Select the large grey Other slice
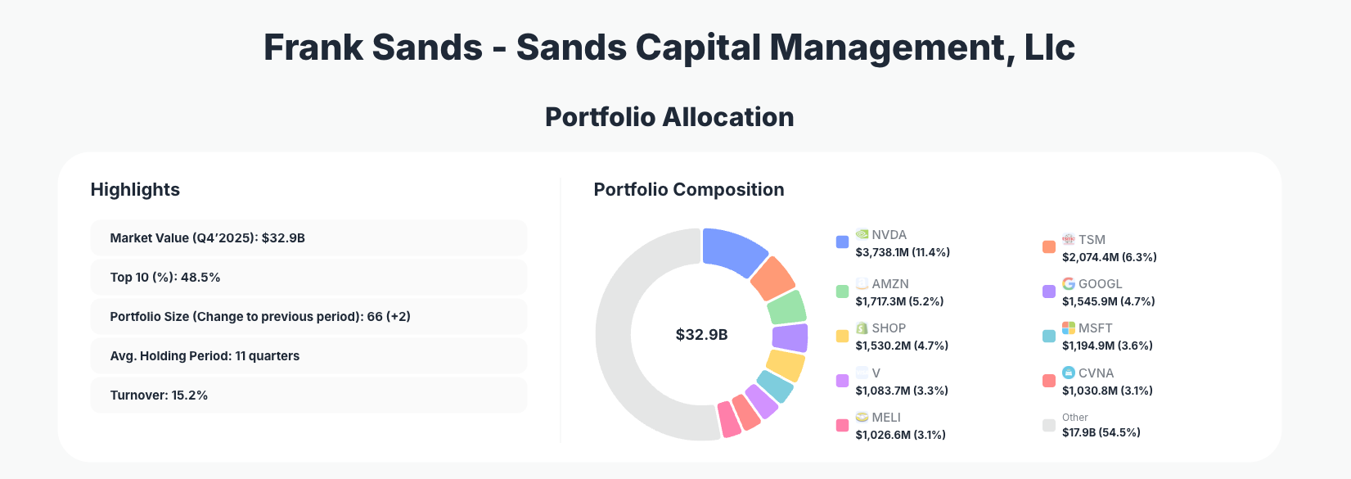(x=622, y=344)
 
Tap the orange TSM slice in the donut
(x=772, y=279)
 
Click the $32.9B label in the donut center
(x=701, y=335)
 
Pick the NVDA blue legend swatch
(x=842, y=242)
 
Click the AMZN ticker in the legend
(x=890, y=284)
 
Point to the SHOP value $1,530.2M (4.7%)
(x=902, y=346)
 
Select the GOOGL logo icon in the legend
(x=1069, y=283)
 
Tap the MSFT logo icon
(x=1069, y=328)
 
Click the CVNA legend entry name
(x=1096, y=373)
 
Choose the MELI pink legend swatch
(x=842, y=425)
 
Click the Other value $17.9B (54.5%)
(x=1101, y=432)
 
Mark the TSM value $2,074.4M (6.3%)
(x=1109, y=257)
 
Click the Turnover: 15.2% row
(x=308, y=395)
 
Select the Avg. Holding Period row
(x=308, y=355)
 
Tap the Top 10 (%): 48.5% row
(x=308, y=277)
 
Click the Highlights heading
(x=135, y=189)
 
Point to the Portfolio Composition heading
(x=688, y=189)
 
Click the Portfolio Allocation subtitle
(x=669, y=117)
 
